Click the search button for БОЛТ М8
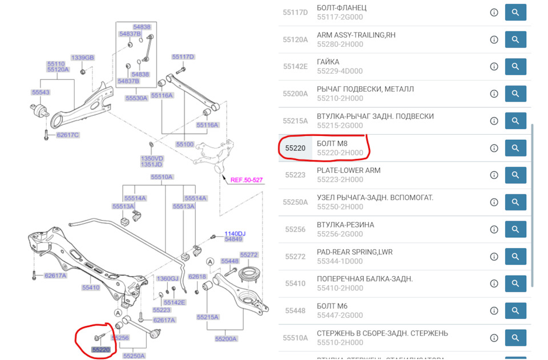[515, 148]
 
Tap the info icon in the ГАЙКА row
[494, 67]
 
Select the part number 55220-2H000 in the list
[340, 153]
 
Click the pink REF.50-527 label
[247, 180]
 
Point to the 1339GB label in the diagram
[82, 58]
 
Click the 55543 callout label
[41, 92]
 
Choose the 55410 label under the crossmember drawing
[90, 288]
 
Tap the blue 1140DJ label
[234, 233]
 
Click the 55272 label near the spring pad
[249, 254]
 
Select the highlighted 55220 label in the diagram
[101, 349]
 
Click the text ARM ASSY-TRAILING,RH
[356, 35]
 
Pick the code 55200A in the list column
[295, 94]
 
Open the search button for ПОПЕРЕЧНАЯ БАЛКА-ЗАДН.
[515, 284]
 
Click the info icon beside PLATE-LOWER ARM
[494, 175]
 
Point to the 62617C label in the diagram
[67, 135]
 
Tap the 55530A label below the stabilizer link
[136, 98]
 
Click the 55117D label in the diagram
[183, 56]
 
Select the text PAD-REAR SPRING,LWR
[354, 252]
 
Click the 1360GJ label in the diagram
[167, 278]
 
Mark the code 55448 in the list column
[295, 310]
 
